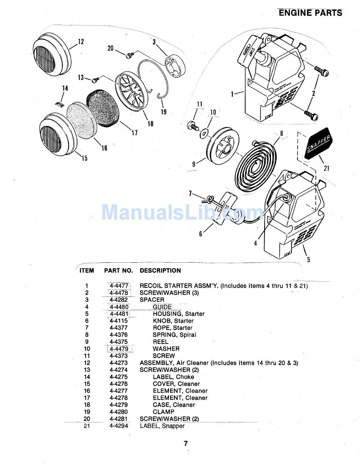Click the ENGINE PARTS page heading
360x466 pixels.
(x=310, y=13)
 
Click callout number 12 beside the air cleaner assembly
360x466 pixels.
(x=81, y=42)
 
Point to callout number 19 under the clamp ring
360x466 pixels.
(x=164, y=112)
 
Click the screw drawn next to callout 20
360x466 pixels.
(x=128, y=55)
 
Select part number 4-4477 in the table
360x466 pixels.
(x=119, y=286)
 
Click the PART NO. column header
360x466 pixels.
(x=119, y=271)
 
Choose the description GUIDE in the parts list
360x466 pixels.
(x=162, y=307)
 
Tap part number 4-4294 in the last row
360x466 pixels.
(x=119, y=426)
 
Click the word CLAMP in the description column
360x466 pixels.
(x=164, y=412)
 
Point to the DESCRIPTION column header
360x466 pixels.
(x=160, y=271)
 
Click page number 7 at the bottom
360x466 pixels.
(x=186, y=443)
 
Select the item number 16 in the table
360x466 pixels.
(x=87, y=391)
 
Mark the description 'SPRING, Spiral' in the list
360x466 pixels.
(x=174, y=335)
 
